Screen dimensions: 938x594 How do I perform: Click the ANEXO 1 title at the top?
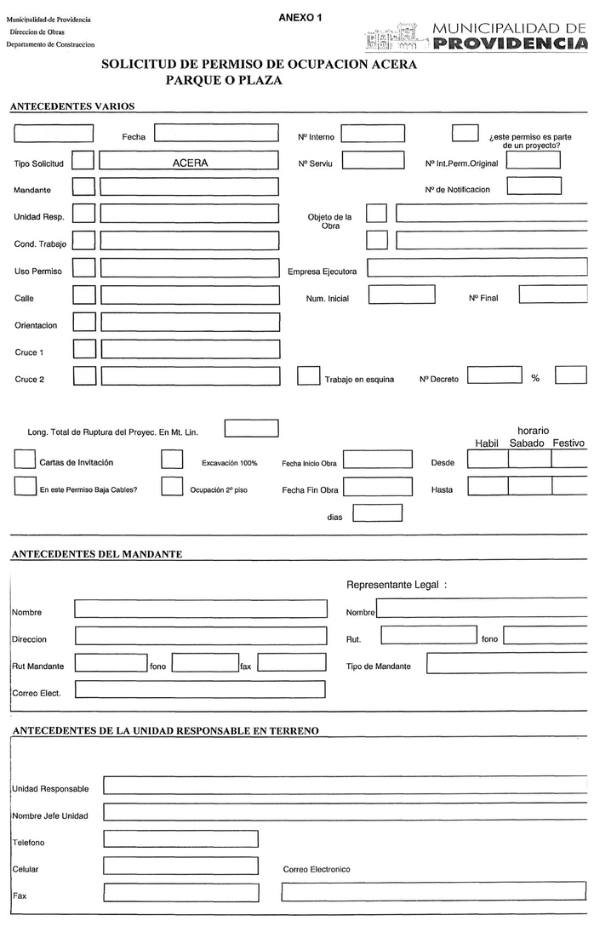click(x=300, y=17)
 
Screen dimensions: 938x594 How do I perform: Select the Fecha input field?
click(x=216, y=134)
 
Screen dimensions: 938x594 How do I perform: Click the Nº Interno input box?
click(x=373, y=134)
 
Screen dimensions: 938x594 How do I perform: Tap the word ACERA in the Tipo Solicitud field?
click(x=190, y=162)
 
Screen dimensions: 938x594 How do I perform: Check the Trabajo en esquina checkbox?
click(x=308, y=375)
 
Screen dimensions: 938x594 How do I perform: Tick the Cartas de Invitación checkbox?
click(x=25, y=460)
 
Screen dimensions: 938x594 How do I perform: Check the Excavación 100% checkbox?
click(x=172, y=460)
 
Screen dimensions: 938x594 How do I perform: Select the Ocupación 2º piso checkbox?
click(x=172, y=487)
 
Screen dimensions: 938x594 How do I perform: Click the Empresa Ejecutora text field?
click(x=477, y=267)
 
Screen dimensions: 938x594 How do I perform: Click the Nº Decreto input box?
click(x=494, y=375)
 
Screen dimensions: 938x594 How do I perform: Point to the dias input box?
click(x=377, y=513)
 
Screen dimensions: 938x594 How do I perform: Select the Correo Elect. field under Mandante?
click(x=200, y=689)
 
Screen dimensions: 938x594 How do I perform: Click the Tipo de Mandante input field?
click(x=506, y=663)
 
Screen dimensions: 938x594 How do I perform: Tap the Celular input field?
click(x=180, y=867)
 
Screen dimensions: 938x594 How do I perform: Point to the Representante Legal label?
click(x=397, y=585)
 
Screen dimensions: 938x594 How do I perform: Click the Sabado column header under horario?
click(x=527, y=443)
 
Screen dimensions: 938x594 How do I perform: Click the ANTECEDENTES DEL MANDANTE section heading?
click(x=97, y=554)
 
